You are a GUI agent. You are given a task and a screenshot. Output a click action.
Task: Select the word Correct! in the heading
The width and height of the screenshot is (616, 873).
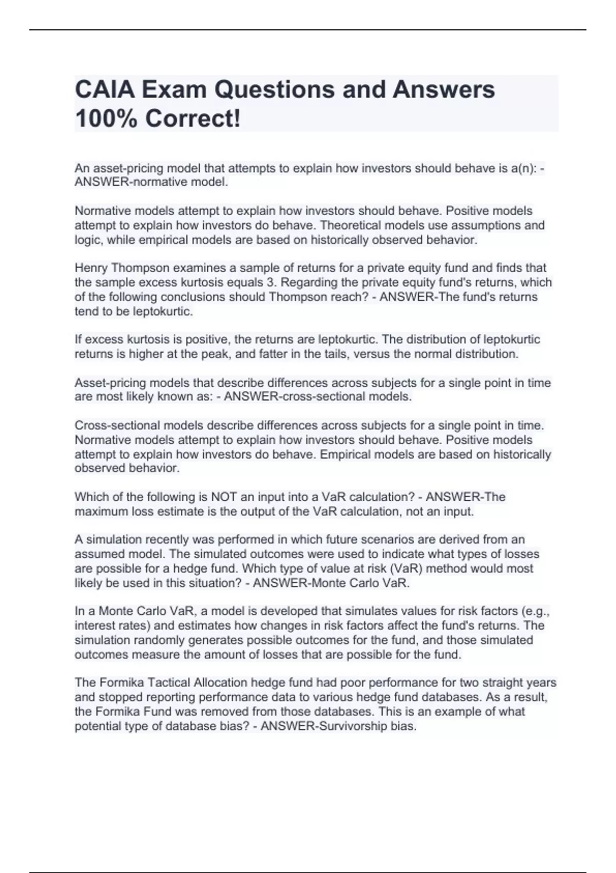[x=192, y=119]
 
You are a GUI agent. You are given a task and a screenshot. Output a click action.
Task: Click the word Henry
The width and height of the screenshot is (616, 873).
[x=91, y=268]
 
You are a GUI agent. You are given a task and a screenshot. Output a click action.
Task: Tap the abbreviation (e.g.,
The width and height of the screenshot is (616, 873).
[x=535, y=611]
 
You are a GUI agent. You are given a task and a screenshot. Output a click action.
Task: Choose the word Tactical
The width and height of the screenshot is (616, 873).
[x=169, y=682]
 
